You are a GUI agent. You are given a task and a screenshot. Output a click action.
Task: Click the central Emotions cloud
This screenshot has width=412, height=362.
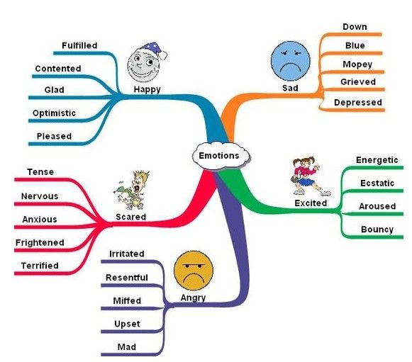tap(221, 156)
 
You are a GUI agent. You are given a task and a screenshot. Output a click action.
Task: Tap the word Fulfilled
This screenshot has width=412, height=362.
tap(79, 45)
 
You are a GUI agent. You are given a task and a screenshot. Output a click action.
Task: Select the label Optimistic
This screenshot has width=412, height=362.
tap(54, 113)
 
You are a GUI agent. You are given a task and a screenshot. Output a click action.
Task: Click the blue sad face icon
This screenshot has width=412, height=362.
tap(291, 61)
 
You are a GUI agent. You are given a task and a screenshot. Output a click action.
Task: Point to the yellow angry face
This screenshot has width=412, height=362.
tap(194, 271)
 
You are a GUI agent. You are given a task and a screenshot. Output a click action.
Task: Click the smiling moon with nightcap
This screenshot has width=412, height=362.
tap(147, 63)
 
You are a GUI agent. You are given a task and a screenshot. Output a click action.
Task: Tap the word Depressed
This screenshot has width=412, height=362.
tap(358, 103)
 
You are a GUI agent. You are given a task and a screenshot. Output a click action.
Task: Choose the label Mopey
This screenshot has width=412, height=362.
tap(357, 64)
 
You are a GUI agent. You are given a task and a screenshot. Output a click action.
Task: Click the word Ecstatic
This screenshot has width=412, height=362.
tap(377, 183)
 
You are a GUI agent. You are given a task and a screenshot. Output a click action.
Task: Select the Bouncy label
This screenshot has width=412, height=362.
tap(377, 230)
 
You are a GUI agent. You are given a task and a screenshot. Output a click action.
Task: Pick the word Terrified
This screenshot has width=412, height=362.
tap(40, 266)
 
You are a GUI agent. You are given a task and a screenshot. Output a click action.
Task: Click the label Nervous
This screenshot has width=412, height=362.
tap(40, 196)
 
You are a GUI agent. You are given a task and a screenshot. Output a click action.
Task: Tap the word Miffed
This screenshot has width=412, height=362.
tap(127, 300)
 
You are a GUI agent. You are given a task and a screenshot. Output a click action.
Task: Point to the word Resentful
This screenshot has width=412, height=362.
tap(127, 278)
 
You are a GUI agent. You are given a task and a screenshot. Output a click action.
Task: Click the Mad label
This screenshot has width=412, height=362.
tap(127, 347)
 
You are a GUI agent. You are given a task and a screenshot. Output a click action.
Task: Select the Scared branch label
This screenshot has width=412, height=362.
tap(131, 217)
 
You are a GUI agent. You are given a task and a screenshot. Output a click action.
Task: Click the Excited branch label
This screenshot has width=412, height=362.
tap(311, 203)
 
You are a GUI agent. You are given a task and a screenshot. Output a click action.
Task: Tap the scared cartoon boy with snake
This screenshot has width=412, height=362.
tap(131, 191)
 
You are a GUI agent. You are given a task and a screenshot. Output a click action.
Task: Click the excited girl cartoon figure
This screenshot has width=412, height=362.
tap(310, 176)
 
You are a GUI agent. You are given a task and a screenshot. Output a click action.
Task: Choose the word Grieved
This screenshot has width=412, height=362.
tap(358, 82)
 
